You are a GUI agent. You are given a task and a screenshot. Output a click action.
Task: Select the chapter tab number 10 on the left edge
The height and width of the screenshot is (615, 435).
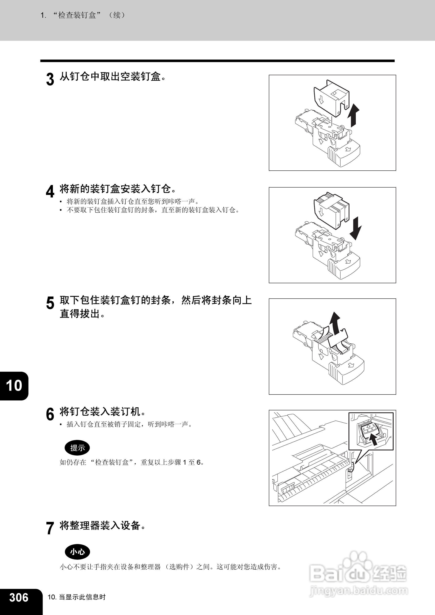14,386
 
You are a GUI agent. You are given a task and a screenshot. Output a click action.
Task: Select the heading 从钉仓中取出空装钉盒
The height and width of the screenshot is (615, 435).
113,77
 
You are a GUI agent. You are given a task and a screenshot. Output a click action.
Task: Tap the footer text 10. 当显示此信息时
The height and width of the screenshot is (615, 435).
77,597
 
